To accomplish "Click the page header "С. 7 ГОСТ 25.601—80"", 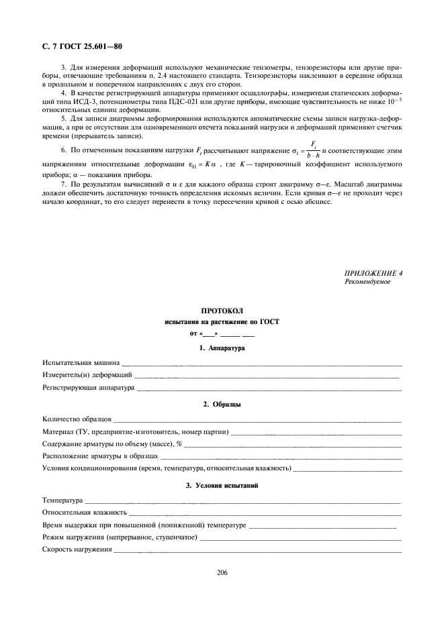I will (77, 46).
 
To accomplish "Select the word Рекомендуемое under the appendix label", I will (367, 282).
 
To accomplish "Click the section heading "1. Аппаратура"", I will (222, 348).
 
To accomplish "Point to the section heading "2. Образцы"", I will (222, 405).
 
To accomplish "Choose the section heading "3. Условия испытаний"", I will (222, 486).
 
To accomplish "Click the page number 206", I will (222, 572).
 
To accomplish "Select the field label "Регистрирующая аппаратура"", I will (88, 387).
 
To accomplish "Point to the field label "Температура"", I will (62, 500).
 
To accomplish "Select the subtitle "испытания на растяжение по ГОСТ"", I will (222, 322).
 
